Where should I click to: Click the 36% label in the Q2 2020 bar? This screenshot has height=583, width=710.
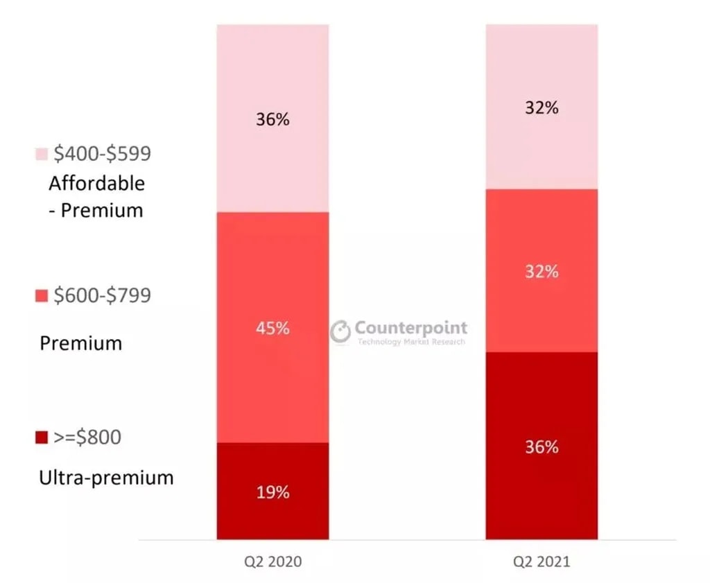(272, 119)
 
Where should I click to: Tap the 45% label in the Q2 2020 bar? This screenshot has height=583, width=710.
(272, 328)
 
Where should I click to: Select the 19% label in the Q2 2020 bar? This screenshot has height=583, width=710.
(272, 493)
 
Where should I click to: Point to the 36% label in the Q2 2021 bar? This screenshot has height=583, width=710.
(542, 447)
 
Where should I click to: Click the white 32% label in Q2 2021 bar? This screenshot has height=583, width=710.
(542, 271)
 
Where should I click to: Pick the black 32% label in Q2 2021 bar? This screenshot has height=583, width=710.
(542, 108)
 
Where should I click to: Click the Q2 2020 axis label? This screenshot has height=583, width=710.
(272, 562)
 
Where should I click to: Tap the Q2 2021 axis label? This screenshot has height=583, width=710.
(542, 562)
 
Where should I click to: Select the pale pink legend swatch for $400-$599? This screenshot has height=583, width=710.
(41, 154)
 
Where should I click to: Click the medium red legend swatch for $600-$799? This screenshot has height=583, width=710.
(41, 296)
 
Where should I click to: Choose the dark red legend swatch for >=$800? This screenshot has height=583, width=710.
(41, 437)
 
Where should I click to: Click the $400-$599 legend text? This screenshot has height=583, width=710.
(103, 154)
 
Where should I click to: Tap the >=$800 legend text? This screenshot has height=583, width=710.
(87, 437)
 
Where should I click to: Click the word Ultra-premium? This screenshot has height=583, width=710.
(107, 478)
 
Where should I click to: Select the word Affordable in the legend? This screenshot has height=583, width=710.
(97, 184)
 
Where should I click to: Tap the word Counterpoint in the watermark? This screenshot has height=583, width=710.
(411, 327)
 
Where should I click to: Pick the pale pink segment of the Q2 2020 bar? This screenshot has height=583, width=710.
(272, 166)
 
